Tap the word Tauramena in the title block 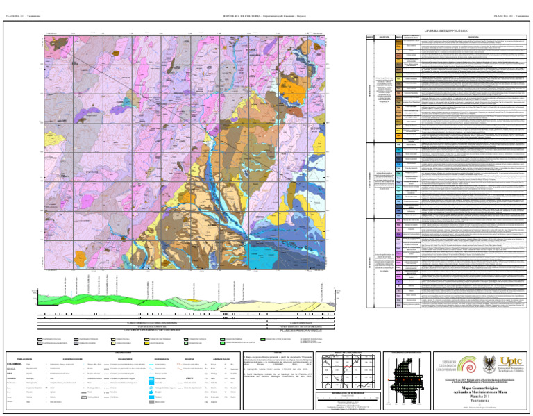click(x=479, y=401)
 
